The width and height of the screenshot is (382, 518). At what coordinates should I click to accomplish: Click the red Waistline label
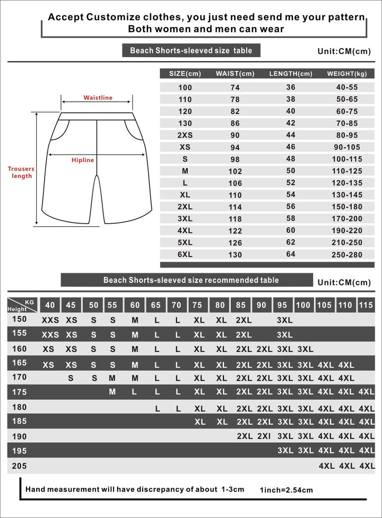point(98,97)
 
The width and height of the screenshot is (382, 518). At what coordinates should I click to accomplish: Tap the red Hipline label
point(83,160)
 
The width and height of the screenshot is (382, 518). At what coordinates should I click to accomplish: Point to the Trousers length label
point(21,172)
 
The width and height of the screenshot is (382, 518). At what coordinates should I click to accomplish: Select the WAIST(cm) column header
point(235,74)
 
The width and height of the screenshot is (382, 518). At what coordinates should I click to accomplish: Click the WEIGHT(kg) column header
point(347,74)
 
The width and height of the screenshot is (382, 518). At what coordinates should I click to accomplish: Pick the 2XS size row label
point(185,135)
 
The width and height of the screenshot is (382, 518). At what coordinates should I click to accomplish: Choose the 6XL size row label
point(185,254)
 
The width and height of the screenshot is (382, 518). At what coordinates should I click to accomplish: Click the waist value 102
point(235,171)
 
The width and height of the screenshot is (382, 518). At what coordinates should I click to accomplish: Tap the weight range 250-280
point(347,255)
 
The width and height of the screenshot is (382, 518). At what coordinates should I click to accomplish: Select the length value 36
point(291,87)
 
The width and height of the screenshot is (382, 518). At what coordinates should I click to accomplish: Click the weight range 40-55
point(347,87)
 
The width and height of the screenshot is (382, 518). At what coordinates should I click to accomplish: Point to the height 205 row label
point(19,466)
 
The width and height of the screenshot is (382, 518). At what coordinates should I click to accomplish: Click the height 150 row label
point(19,319)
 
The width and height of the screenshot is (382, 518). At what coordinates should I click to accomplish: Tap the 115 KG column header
point(366,305)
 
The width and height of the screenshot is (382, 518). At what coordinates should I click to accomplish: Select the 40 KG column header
point(50,305)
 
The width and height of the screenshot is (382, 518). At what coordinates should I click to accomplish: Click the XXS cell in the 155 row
point(50,335)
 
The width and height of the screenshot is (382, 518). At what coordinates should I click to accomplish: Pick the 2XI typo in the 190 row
point(264,436)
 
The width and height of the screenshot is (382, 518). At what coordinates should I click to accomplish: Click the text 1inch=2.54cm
point(286,490)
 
